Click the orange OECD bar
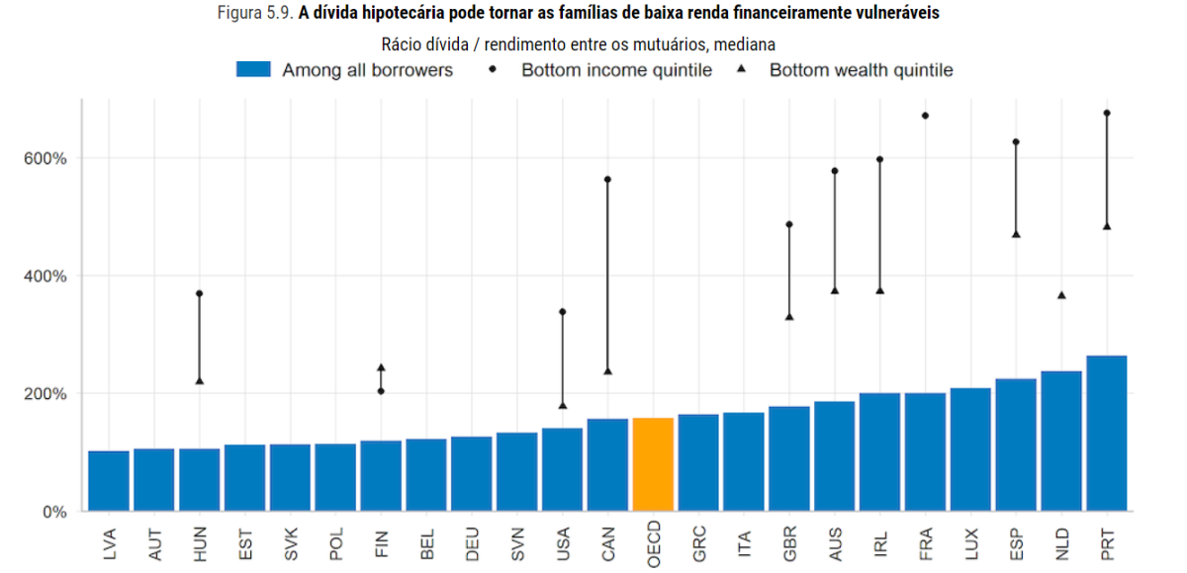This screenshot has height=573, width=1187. tap(653, 464)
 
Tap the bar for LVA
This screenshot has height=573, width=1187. tap(109, 481)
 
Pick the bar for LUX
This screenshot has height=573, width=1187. tap(969, 450)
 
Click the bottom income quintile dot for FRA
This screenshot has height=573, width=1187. tap(925, 116)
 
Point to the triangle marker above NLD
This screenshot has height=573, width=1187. tap(1061, 294)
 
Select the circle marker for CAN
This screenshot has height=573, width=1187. tap(607, 179)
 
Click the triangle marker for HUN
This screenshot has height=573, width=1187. tap(199, 380)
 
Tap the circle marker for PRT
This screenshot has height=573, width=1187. tap(1106, 113)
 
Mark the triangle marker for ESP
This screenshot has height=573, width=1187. tap(1015, 234)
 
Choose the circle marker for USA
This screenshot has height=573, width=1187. tap(562, 311)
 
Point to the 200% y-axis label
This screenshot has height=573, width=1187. tap(46, 393)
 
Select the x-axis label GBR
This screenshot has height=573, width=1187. tap(789, 544)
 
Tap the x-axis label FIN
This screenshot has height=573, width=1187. tap(381, 544)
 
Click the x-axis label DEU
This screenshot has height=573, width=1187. tap(472, 544)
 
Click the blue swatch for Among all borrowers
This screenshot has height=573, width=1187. tap(253, 69)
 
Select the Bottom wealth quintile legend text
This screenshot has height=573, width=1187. tap(861, 70)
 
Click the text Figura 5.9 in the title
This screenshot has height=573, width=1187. tap(254, 14)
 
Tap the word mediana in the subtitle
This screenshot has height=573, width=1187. tap(745, 44)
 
